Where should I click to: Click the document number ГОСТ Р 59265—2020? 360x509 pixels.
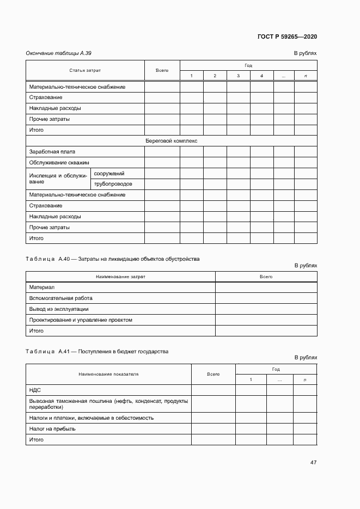point(287,36)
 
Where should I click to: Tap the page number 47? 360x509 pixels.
point(313,462)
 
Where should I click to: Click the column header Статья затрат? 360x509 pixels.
point(85,70)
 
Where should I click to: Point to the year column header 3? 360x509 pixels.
point(239,76)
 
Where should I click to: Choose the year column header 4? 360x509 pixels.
point(262,76)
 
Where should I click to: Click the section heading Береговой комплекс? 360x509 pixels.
point(171,141)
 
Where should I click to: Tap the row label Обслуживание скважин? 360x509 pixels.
point(59,163)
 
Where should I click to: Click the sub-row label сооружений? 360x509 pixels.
point(109,174)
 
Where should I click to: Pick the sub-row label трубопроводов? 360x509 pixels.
point(113,184)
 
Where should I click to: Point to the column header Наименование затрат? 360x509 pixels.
point(120,277)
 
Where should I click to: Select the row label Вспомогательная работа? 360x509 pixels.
point(61,298)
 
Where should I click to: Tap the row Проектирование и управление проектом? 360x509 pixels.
point(81,320)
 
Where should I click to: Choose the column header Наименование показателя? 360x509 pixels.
point(108,374)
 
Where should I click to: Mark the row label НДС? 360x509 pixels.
point(35,390)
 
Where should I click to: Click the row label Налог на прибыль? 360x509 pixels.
point(52,428)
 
